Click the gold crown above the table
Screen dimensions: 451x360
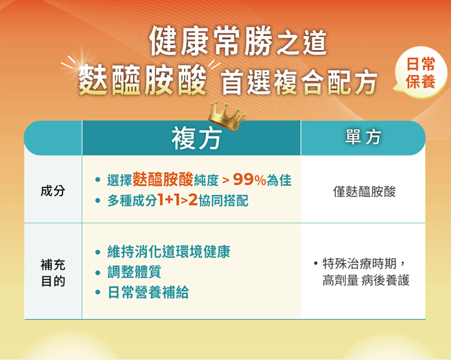227,116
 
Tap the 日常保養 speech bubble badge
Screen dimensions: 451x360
420,72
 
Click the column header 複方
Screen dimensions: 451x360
196,139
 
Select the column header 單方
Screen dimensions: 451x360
363,137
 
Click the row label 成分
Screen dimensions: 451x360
53,191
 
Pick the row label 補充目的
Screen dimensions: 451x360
53,273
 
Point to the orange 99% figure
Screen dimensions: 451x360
249,180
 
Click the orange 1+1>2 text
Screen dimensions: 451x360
178,200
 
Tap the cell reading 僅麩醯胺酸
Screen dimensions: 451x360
364,191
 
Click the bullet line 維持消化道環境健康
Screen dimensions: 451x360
169,252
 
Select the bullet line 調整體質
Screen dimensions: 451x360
135,272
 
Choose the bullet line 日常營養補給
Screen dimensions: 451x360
148,292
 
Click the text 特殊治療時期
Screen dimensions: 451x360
359,264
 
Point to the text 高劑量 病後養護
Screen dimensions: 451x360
366,280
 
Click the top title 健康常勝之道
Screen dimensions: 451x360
238,42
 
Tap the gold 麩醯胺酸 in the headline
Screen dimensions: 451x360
142,80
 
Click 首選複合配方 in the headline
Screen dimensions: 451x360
299,83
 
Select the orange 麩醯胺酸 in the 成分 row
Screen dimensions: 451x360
163,180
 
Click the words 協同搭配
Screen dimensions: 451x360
223,200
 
